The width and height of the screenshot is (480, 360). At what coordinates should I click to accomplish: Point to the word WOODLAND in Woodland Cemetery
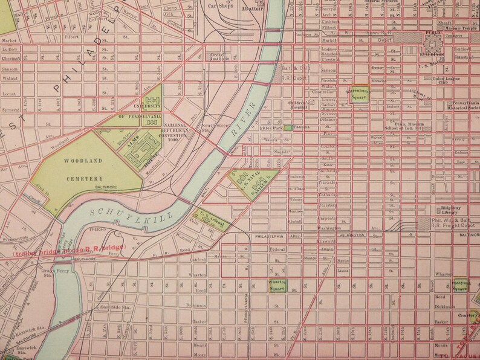(x=84, y=161)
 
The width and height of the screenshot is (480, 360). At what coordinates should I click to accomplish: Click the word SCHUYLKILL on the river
(x=132, y=213)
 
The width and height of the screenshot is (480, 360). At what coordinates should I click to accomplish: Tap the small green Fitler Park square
(x=288, y=127)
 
